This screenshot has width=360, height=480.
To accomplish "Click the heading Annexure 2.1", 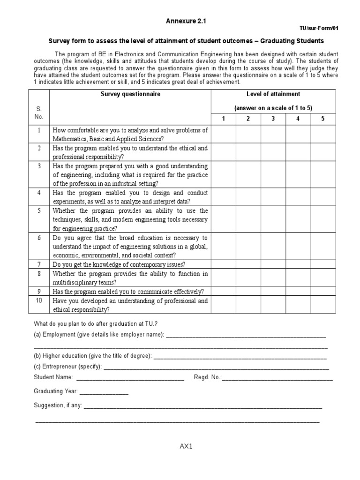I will (x=186, y=21).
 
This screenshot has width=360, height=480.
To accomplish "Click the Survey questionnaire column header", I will (x=130, y=94).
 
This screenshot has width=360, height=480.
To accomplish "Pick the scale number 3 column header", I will (x=273, y=119).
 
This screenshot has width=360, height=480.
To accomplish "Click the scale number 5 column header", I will (x=322, y=119).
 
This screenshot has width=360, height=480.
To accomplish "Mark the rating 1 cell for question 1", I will (x=224, y=135).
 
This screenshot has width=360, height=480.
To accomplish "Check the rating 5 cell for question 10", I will (x=322, y=305).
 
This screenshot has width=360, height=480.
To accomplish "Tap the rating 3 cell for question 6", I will (x=273, y=246).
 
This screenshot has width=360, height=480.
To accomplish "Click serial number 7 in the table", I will (x=39, y=264).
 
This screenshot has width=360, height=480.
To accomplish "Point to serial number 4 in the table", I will (x=39, y=193).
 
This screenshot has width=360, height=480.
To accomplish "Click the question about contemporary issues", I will (x=119, y=264).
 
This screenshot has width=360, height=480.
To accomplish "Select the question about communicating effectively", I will (x=128, y=291).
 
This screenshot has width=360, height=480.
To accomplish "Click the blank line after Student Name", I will (x=130, y=378).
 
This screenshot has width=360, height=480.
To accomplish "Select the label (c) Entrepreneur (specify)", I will (x=67, y=367).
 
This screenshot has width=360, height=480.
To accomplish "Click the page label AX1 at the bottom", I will (x=186, y=446).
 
